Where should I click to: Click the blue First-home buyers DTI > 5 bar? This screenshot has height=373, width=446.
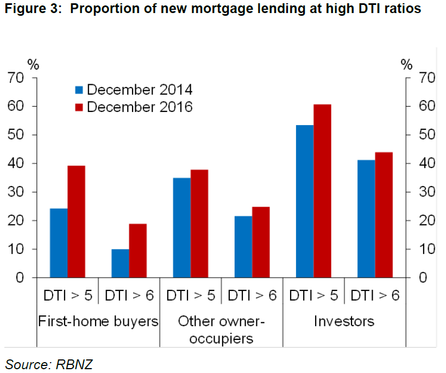pyautogui.click(x=59, y=243)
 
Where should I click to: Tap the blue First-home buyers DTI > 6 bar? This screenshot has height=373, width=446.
pyautogui.click(x=120, y=264)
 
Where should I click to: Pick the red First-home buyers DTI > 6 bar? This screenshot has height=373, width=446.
pyautogui.click(x=137, y=251)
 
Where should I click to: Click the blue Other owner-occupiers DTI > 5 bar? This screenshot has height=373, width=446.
pyautogui.click(x=181, y=228)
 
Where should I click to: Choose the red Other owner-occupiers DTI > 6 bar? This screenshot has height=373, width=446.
pyautogui.click(x=261, y=242)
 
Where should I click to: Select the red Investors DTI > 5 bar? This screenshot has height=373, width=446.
pyautogui.click(x=322, y=191)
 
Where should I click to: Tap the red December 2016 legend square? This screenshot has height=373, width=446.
pyautogui.click(x=79, y=107)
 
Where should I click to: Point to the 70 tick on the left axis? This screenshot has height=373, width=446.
pyautogui.click(x=16, y=78)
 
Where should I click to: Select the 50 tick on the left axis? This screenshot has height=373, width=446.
pyautogui.click(x=16, y=135)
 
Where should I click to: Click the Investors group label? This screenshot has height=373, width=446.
pyautogui.click(x=344, y=321)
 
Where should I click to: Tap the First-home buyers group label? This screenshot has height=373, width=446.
pyautogui.click(x=98, y=321)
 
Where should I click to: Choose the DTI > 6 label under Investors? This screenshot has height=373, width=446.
pyautogui.click(x=375, y=296)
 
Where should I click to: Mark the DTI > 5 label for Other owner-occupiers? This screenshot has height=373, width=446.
pyautogui.click(x=190, y=296)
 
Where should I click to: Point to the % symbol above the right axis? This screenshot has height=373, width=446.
pyautogui.click(x=406, y=65)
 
